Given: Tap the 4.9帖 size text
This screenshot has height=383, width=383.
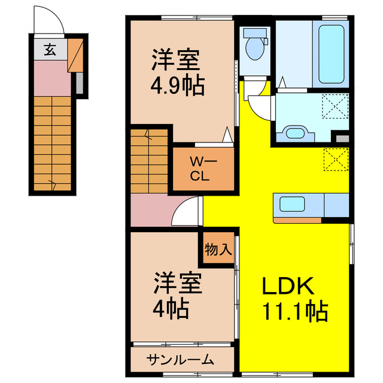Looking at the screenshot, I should pyautogui.click(x=177, y=86).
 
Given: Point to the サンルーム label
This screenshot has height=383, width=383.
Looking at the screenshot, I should pyautogui.click(x=180, y=359).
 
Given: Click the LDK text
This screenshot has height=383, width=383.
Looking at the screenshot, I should pyautogui.click(x=288, y=287).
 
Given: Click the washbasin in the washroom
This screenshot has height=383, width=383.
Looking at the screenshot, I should pyautogui.click(x=293, y=132).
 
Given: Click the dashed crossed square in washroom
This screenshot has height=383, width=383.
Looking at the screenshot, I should pyautogui.click(x=335, y=108).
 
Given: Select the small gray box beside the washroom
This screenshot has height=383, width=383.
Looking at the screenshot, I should pyautogui.click(x=342, y=138).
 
